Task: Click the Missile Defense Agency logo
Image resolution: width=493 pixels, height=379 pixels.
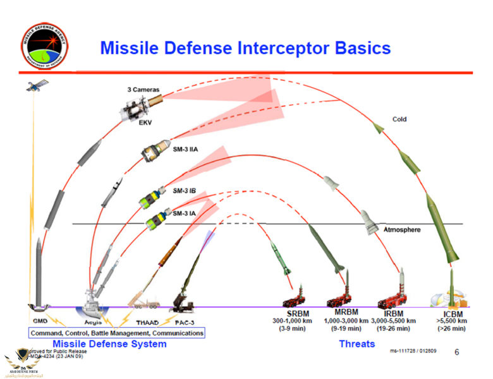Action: coord(44,45)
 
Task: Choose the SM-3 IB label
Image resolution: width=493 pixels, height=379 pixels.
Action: coord(183,190)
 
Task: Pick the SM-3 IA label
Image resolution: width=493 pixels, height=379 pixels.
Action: coord(183,214)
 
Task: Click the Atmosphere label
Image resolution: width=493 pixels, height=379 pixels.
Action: coord(402,230)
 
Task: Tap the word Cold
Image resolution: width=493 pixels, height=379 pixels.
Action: coord(399,119)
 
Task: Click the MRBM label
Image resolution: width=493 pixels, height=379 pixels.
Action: coord(346,313)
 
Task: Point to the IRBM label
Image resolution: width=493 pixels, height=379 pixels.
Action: coord(393,313)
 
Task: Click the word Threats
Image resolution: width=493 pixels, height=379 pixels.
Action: coord(356,344)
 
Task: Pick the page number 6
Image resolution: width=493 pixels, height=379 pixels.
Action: coord(457,352)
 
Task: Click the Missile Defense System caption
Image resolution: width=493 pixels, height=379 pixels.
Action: coord(114,344)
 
